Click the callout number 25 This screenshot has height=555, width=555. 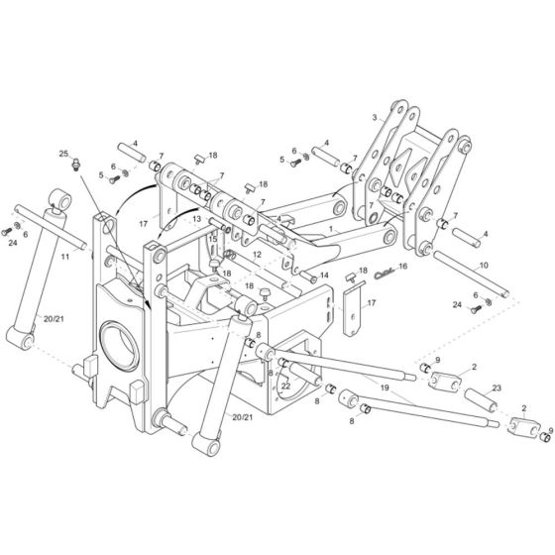(x=62, y=156)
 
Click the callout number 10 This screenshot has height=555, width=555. (x=485, y=267)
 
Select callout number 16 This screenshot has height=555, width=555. (x=402, y=267)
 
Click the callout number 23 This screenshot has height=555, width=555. (x=498, y=389)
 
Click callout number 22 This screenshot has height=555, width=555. (x=284, y=387)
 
